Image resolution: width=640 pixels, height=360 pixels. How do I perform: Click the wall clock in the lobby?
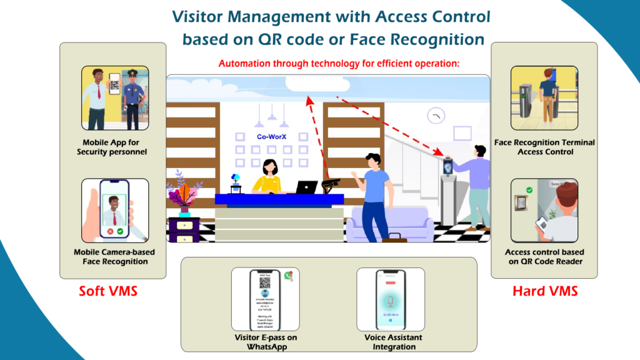click(x=436, y=116)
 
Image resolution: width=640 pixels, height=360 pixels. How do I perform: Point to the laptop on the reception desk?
click(x=306, y=187)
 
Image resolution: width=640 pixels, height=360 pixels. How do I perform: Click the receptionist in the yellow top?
click(x=269, y=177)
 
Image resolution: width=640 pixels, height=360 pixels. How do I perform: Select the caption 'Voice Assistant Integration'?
click(x=394, y=342)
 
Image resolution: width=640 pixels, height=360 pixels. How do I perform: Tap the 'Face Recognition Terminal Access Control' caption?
click(x=544, y=147)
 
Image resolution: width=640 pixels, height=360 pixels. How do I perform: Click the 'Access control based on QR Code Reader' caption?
click(x=544, y=257)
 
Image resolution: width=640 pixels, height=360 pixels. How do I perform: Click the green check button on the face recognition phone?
click(x=119, y=231)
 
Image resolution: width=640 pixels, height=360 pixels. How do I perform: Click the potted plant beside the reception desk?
click(x=184, y=194)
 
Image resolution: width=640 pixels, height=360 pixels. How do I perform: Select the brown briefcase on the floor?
click(x=394, y=237)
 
